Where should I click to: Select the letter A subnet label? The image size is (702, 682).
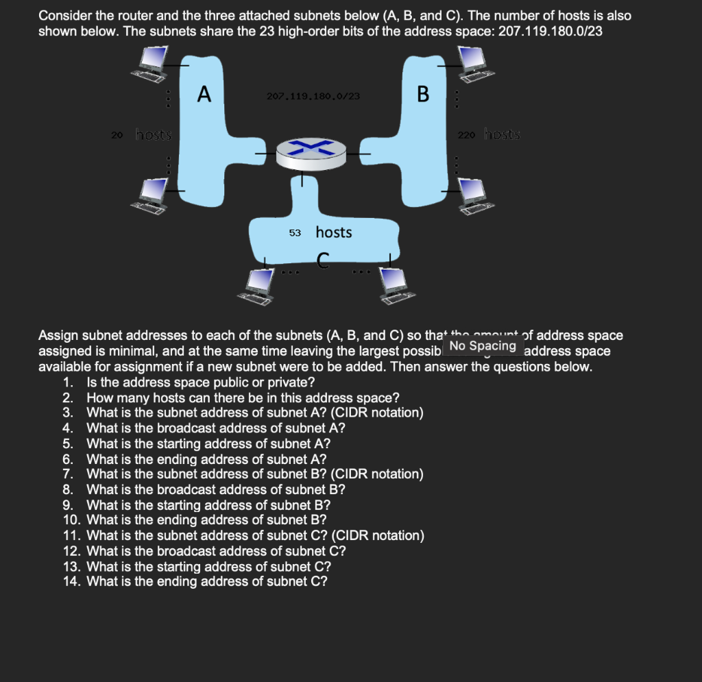203,93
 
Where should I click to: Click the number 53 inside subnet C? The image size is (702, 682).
295,233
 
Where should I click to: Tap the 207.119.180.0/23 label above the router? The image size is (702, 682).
313,97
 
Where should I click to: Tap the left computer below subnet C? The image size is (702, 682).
258,284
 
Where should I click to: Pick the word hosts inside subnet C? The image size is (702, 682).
334,232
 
